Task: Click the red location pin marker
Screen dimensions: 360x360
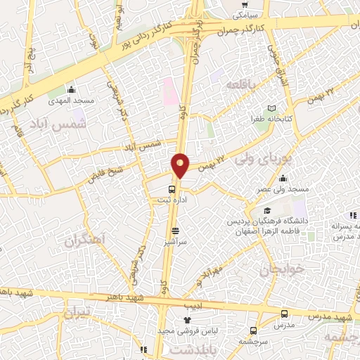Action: pos(180,165)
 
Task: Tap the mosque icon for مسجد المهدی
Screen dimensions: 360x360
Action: pos(71,90)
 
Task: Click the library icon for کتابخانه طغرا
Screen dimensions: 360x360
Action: pos(272,107)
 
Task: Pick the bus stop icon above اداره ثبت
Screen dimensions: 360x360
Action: pos(172,188)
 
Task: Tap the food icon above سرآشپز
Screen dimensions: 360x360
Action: pos(175,230)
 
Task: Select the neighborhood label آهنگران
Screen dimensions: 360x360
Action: pos(88,240)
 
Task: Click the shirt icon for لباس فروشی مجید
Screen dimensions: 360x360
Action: pos(187,320)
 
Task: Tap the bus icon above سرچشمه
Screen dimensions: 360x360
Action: pos(253,330)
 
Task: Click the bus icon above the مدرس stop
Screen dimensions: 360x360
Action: pos(284,314)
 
